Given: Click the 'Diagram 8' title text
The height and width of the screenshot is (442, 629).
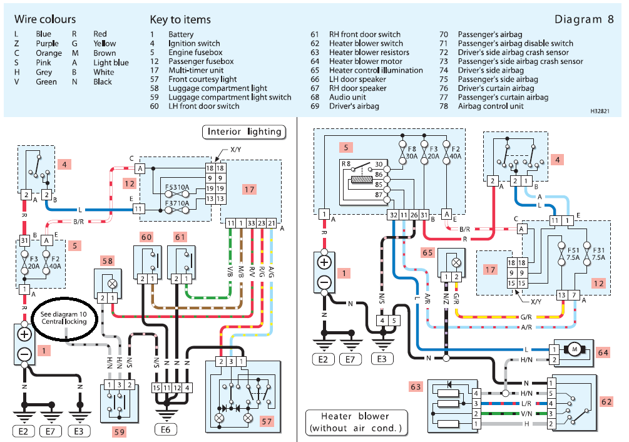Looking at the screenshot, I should [584, 19].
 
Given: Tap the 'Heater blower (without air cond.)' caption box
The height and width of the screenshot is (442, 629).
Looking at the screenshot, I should [355, 423].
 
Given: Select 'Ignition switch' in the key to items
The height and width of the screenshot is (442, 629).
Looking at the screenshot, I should [194, 44].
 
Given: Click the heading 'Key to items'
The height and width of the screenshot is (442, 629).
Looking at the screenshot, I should [180, 19].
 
